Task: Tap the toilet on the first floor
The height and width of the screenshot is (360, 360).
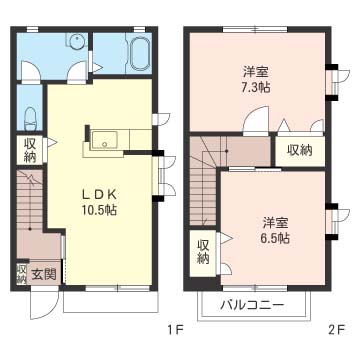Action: pos(30,118)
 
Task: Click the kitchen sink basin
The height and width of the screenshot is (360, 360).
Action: pos(105,140)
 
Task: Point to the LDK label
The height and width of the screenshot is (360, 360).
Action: pos(99,194)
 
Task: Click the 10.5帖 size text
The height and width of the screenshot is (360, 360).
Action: pos(99,210)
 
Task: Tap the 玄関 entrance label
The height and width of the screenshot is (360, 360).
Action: pos(44,275)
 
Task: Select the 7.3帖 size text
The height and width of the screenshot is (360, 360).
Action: pos(256,87)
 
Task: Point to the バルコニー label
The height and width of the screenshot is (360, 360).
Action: pos(252,305)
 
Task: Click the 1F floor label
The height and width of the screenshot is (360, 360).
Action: pos(176,330)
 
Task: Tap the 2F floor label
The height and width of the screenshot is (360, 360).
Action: pos(336,330)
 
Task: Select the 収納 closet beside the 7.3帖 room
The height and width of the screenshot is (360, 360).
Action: pos(300,151)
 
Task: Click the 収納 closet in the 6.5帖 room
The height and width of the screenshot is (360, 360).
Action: pos(203,253)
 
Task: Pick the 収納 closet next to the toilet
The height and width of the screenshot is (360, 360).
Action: pos(30,150)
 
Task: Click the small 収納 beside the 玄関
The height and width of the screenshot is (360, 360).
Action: pos(22,274)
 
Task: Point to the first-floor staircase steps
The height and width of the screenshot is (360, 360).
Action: pos(30,200)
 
